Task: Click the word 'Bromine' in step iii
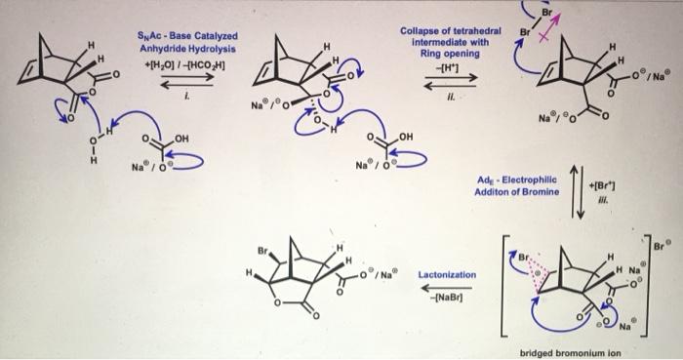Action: (x=538, y=193)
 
